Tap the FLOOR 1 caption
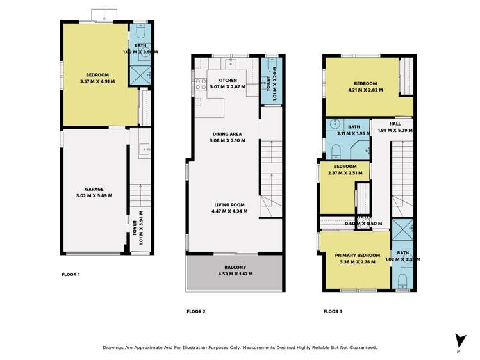[70, 274]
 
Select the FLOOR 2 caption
[195, 311]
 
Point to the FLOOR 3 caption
[333, 311]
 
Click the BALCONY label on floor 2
[235, 267]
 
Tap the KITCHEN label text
[228, 80]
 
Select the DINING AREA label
[228, 134]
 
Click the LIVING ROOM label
[230, 204]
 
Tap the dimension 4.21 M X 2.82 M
[365, 90]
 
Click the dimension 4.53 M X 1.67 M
[235, 274]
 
